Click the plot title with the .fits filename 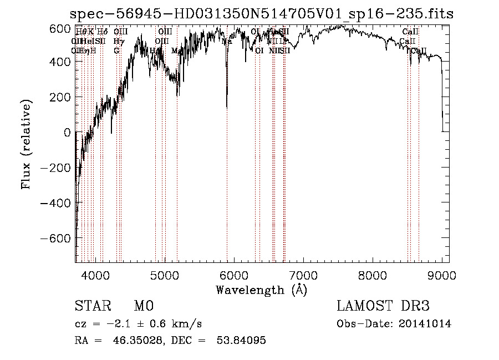tap(262, 14)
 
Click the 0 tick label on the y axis tap(67, 133)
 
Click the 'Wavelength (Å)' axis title tap(261, 290)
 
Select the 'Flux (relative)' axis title tap(27, 144)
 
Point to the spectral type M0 tap(143, 306)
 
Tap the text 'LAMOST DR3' tap(383, 306)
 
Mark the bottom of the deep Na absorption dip tap(227, 107)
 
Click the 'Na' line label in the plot tap(227, 41)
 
